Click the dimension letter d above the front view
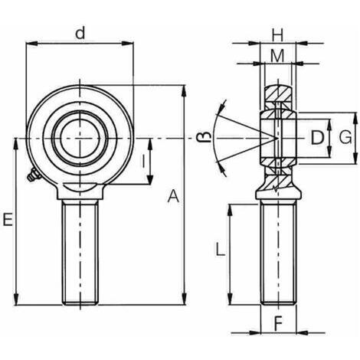pyautogui.click(x=80, y=34)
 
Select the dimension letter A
pyautogui.click(x=173, y=196)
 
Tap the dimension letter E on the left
pyautogui.click(x=8, y=220)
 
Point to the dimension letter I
pyautogui.click(x=143, y=162)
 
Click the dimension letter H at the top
pyautogui.click(x=277, y=35)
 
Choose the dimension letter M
pyautogui.click(x=277, y=56)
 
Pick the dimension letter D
pyautogui.click(x=317, y=137)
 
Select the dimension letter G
pyautogui.click(x=345, y=137)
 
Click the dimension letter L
pyautogui.click(x=221, y=249)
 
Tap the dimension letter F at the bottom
pyautogui.click(x=278, y=323)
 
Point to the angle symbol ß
pyautogui.click(x=205, y=137)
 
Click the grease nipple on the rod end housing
pyautogui.click(x=34, y=175)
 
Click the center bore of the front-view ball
pyautogui.click(x=80, y=139)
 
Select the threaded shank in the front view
pyautogui.click(x=80, y=252)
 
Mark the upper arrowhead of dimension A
pyautogui.click(x=184, y=90)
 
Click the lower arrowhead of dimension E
pyautogui.click(x=16, y=299)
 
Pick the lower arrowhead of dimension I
pyautogui.click(x=150, y=178)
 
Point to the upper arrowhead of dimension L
pyautogui.click(x=230, y=210)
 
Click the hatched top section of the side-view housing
pyautogui.click(x=278, y=93)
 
